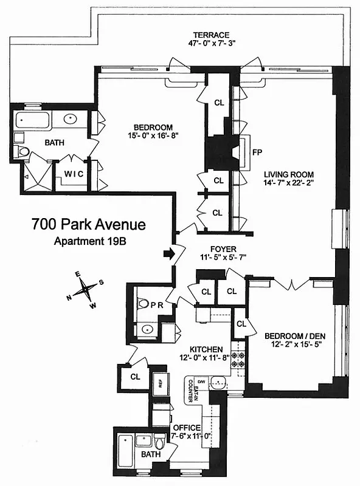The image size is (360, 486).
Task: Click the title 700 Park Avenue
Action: (89, 225)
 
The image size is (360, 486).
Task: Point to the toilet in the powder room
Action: (143, 302)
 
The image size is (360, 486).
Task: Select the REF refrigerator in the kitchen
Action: (160, 383)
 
